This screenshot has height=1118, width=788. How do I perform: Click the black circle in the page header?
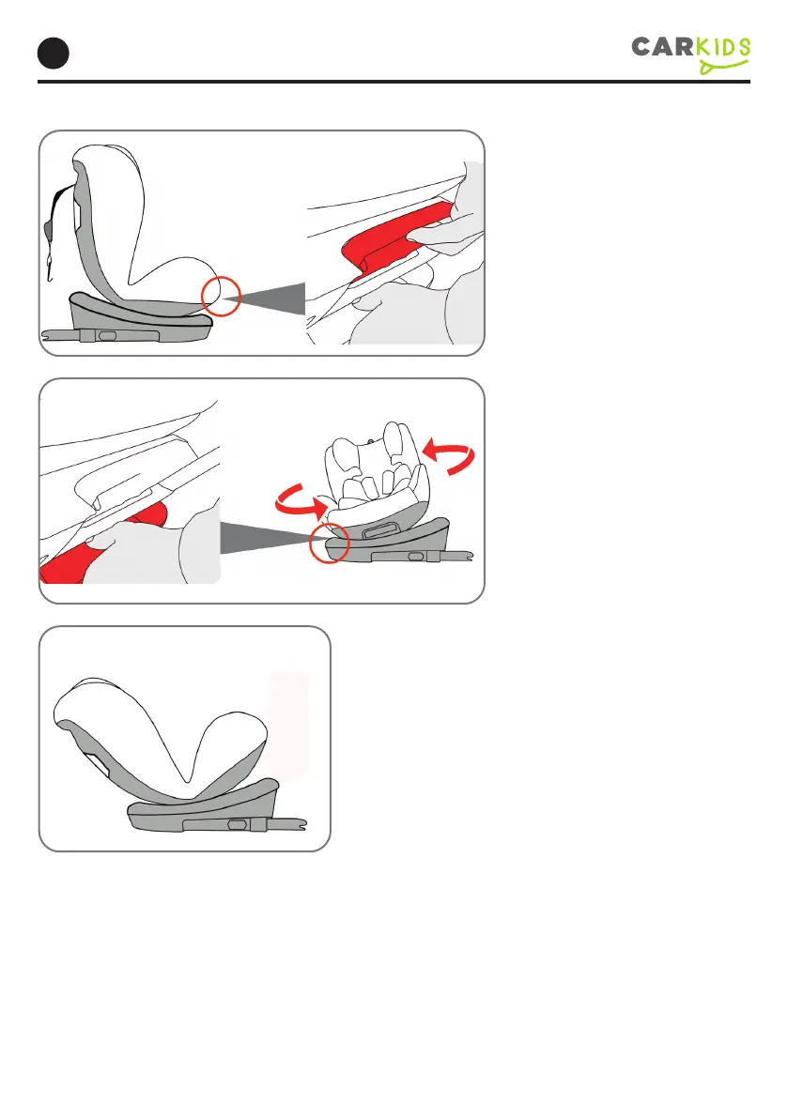(x=53, y=54)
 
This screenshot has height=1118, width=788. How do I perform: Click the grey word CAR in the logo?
(x=662, y=47)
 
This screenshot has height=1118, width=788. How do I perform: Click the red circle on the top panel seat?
(x=221, y=295)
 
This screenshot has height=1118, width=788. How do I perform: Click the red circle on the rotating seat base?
(x=330, y=544)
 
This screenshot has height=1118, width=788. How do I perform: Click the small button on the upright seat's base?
(x=108, y=335)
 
